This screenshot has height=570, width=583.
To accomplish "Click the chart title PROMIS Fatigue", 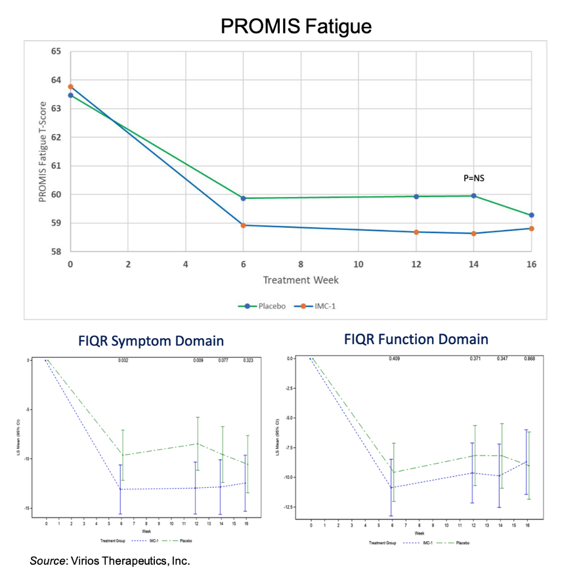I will (x=296, y=26).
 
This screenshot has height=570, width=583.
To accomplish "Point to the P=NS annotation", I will (x=473, y=178).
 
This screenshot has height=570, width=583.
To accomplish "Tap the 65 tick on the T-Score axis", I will (x=56, y=51).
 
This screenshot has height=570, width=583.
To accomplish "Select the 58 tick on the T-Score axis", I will (x=56, y=252).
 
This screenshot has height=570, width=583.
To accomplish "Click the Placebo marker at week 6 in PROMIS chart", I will (x=243, y=198).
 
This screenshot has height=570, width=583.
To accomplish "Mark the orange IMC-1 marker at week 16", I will (x=531, y=229).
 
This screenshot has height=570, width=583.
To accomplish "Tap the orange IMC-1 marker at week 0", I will (x=70, y=87).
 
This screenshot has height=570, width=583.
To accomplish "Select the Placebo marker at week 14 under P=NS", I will (x=473, y=196).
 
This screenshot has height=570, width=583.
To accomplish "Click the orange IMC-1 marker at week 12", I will (x=416, y=232).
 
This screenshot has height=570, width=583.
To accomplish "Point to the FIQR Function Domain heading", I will (x=416, y=340).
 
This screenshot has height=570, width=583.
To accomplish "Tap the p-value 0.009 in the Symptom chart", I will (x=198, y=361).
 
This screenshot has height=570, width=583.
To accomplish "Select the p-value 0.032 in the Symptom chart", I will (x=123, y=361).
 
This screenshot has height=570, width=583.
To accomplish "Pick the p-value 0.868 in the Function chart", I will (x=529, y=359).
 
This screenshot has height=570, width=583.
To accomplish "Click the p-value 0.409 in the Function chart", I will (x=395, y=359).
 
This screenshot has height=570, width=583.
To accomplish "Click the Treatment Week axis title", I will (x=301, y=280).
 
